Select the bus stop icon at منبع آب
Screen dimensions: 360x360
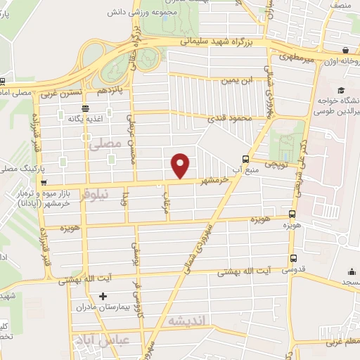point(245,159)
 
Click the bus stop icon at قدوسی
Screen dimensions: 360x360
point(293,259)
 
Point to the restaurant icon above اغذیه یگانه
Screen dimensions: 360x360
point(85,108)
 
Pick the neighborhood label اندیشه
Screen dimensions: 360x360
point(186,321)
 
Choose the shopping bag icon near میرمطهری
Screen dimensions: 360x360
point(346,51)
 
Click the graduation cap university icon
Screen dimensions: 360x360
point(340,91)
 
